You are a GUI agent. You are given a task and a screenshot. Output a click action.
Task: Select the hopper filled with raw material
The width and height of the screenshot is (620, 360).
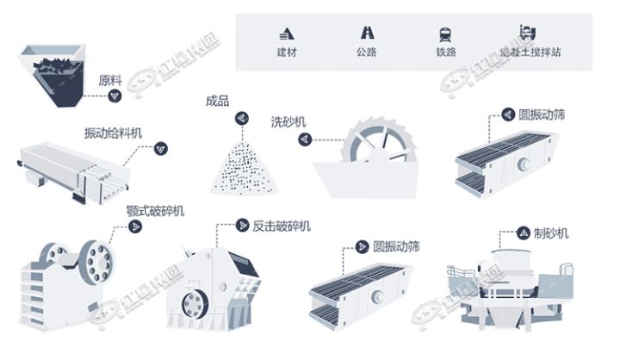pyautogui.click(x=53, y=72)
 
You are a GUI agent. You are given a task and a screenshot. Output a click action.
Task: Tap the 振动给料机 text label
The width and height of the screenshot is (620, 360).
pyautogui.click(x=113, y=133)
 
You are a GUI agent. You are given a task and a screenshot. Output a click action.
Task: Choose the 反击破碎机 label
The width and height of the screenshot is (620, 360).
pyautogui.click(x=281, y=226)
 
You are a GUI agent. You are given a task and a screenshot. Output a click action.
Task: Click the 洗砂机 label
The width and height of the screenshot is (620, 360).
pyautogui.click(x=288, y=121)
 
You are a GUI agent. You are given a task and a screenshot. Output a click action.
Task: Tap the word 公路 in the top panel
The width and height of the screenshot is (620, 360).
pyautogui.click(x=367, y=53)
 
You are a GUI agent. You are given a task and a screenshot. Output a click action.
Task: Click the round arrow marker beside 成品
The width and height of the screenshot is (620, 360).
pyautogui.click(x=242, y=116)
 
